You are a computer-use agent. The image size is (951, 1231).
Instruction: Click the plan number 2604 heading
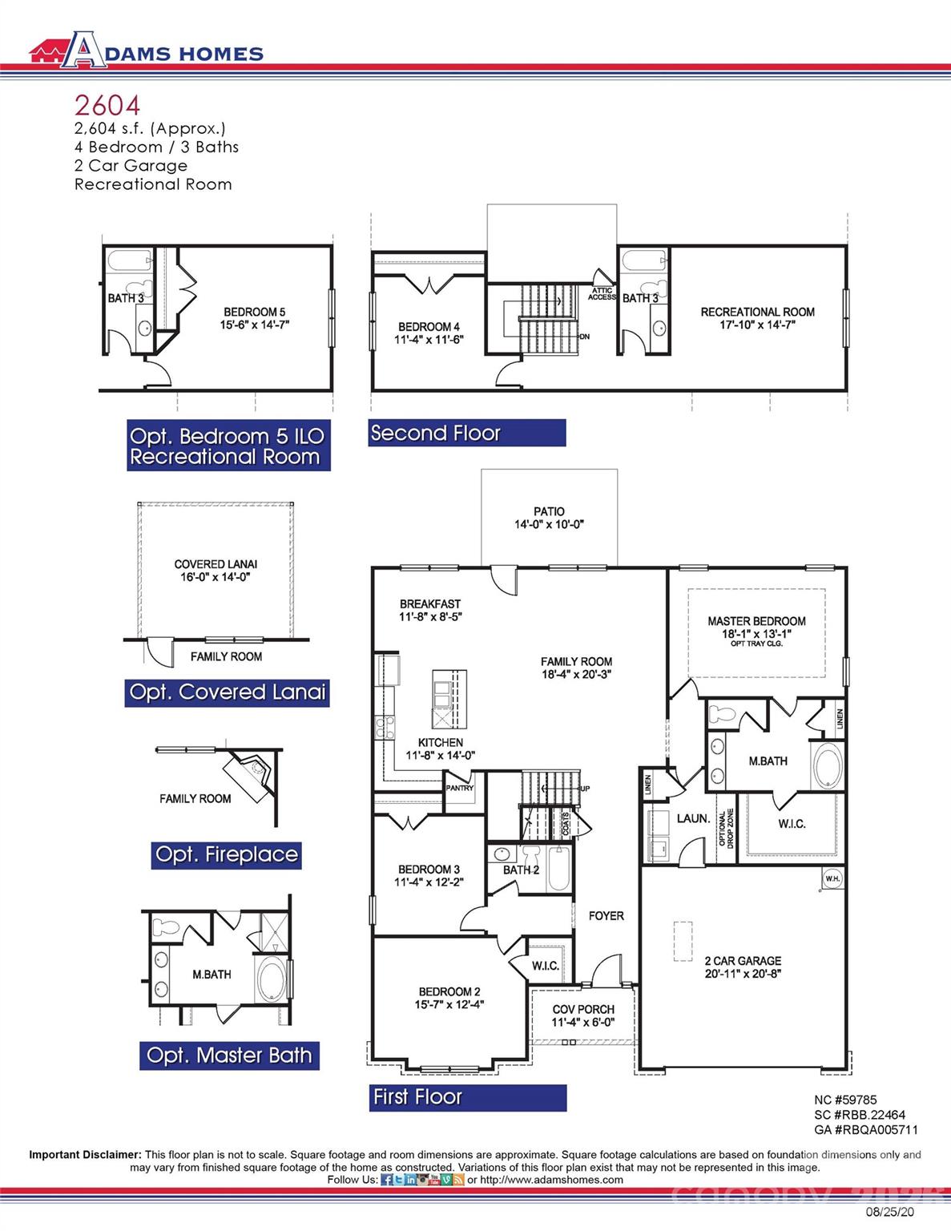click(107, 105)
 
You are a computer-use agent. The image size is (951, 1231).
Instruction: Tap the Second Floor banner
click(467, 434)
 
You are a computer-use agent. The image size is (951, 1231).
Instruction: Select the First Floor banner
click(469, 1097)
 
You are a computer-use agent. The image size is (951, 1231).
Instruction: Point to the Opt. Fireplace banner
click(227, 855)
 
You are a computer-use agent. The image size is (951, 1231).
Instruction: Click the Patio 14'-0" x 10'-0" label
click(549, 518)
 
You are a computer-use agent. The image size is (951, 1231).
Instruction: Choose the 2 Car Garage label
click(743, 967)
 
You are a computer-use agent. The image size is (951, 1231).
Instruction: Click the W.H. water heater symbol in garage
click(832, 879)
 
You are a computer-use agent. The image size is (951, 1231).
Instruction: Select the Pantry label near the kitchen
click(460, 788)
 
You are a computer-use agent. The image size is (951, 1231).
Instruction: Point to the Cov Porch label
click(583, 1015)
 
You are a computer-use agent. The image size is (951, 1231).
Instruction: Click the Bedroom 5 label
click(254, 318)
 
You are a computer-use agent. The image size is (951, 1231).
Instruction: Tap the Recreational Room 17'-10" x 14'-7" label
click(757, 317)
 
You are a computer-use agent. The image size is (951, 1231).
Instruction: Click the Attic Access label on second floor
click(602, 294)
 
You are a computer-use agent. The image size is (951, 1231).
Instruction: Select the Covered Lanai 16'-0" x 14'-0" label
click(216, 570)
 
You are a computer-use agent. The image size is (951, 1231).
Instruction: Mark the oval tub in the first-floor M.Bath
click(828, 765)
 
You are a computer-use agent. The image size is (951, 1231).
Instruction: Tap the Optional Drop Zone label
click(726, 828)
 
